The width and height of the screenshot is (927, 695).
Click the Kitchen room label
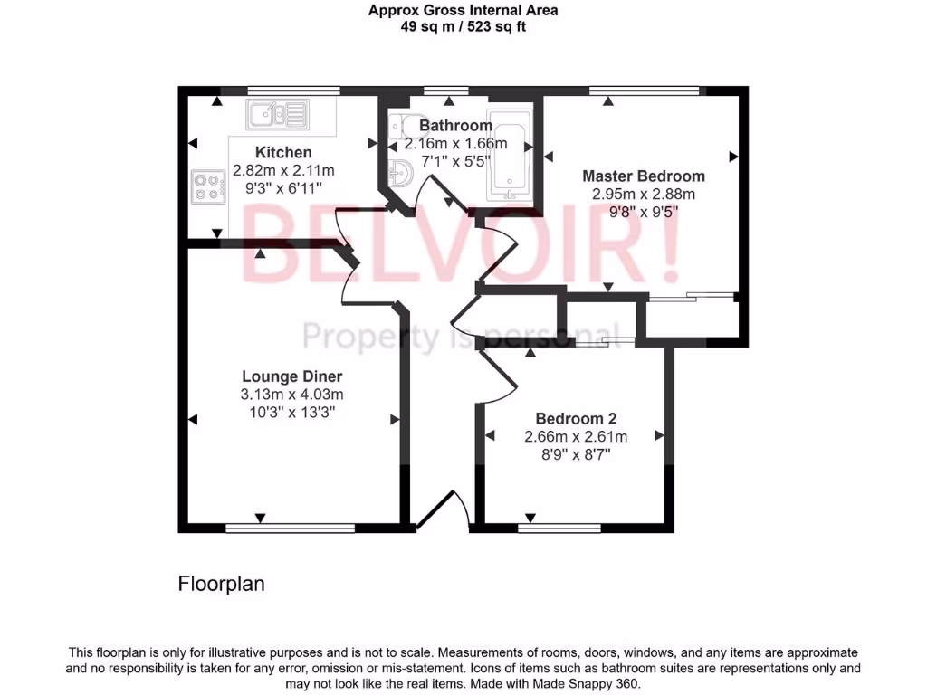pos(283,152)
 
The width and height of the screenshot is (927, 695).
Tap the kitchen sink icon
pos(276,114)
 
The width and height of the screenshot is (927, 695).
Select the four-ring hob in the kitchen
pos(207,186)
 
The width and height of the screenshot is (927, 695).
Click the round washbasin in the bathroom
pos(402,170)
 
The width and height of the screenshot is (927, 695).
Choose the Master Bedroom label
pos(643,176)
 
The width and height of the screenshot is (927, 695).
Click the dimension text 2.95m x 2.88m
pos(643,194)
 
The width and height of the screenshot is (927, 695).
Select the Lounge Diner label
pos(291,376)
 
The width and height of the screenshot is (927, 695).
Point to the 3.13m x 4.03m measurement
pos(291,395)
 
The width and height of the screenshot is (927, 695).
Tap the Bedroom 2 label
pos(576,418)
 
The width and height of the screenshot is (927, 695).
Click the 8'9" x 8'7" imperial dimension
pos(576,454)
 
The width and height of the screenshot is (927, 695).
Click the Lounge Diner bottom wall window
pos(290,527)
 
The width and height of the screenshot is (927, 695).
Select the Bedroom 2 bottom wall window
pos(559,527)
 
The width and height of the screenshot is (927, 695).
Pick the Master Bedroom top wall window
pos(643,90)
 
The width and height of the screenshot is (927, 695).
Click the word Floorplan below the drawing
pos(221,584)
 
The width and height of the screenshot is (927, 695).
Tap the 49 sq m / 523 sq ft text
pos(463,26)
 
